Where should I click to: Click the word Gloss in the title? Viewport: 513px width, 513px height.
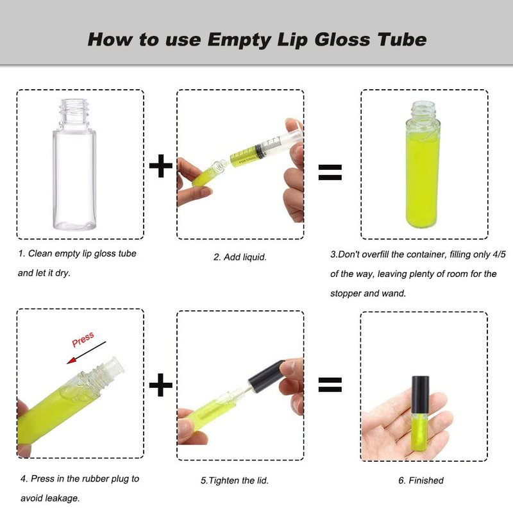(x=342, y=40)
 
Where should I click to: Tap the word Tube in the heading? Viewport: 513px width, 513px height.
(x=402, y=40)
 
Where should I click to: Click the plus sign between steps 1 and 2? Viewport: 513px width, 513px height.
(x=161, y=166)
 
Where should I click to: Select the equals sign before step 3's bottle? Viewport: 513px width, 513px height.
(x=330, y=172)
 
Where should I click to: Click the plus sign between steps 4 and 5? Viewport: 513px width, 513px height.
(x=161, y=385)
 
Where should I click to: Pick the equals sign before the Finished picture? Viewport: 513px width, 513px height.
(x=330, y=385)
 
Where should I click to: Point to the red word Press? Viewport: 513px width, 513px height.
(x=83, y=339)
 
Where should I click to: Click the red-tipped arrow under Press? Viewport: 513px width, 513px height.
(x=87, y=353)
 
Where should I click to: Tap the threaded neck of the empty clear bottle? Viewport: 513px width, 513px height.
(x=74, y=112)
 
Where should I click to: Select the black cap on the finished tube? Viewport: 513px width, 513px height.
(x=420, y=395)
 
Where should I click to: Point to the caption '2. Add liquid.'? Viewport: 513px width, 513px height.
(x=240, y=257)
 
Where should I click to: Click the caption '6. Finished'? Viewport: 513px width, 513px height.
(x=421, y=480)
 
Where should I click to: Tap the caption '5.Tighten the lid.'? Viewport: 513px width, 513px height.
(x=234, y=480)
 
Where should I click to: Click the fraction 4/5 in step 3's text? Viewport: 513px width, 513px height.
(x=499, y=254)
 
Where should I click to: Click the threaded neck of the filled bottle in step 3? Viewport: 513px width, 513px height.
(x=423, y=110)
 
